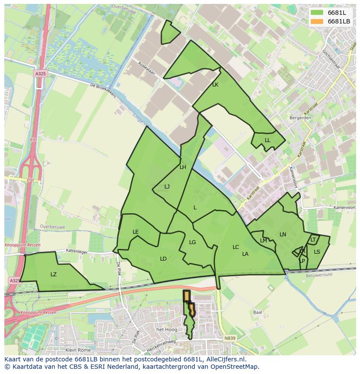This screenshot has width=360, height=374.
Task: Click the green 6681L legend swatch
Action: click(317, 13)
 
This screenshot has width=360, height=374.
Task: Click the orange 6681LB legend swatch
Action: click(317, 21)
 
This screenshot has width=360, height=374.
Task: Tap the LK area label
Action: click(215, 85)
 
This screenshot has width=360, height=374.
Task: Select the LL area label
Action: click(267, 140)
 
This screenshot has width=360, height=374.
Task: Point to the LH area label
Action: click(183, 167)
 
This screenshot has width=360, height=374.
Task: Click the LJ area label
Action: click(167, 187)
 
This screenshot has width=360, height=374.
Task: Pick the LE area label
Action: click(136, 232)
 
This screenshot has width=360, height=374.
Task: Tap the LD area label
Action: click(163, 259)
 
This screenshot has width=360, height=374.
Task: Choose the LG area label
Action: click(193, 242)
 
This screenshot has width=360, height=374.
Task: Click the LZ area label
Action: click(53, 275)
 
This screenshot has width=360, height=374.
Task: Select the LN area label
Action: click(283, 235)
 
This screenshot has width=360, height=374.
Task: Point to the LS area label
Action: click(317, 252)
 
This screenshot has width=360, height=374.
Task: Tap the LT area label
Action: click(313, 240)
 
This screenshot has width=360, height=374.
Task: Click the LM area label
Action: click(263, 241)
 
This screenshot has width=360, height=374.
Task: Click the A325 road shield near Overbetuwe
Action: click(40, 74)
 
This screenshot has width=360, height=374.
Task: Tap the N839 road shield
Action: click(230, 338)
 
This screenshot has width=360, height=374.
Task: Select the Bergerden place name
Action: click(300, 118)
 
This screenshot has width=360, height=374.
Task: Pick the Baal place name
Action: click(257, 312)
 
